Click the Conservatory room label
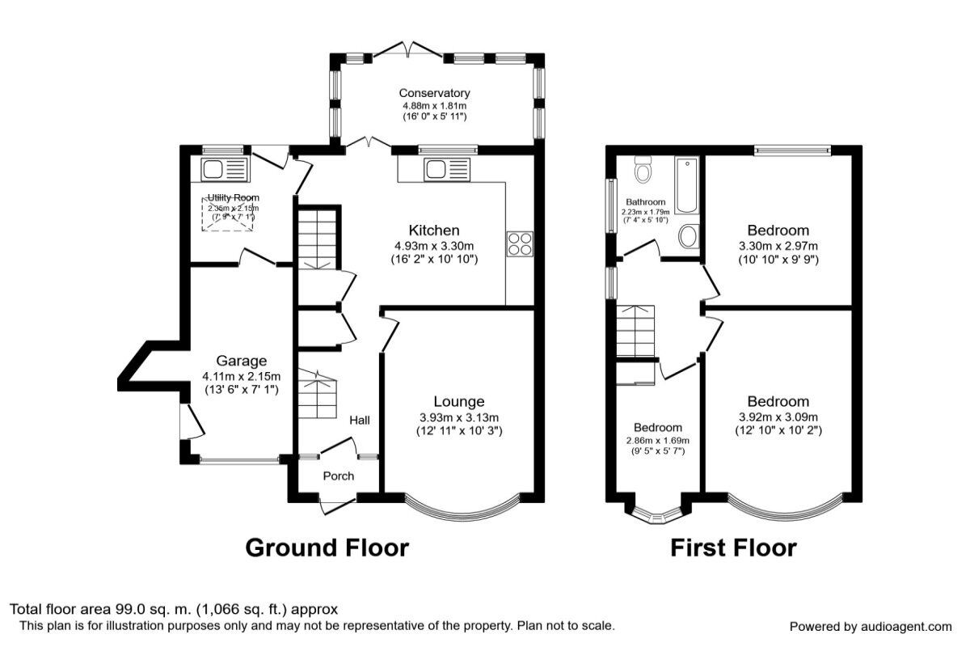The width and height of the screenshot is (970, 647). (435, 93)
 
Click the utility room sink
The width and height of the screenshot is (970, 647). (214, 170)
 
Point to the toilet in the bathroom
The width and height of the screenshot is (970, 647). (644, 171)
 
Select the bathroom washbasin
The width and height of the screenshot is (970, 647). (689, 236)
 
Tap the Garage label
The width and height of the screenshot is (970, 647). (241, 361)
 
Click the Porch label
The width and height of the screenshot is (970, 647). (339, 476)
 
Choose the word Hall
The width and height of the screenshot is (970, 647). (360, 421)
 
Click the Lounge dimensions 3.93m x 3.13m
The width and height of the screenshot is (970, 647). (459, 417)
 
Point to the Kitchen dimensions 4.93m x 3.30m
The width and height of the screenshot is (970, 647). (433, 246)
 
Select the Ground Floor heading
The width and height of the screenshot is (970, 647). (327, 548)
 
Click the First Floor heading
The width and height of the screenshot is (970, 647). (733, 548)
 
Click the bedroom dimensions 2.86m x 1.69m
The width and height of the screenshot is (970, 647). (657, 441)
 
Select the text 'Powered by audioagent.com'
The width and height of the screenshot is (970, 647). (871, 627)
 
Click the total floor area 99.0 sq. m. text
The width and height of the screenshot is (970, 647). (174, 609)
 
